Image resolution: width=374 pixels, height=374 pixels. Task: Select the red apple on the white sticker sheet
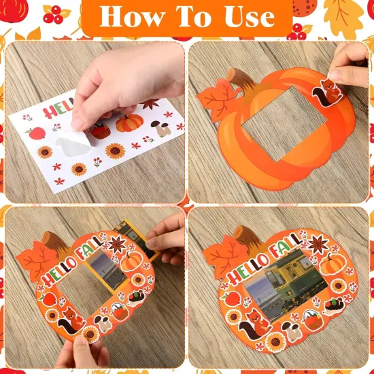37,133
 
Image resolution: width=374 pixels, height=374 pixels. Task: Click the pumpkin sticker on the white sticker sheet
130,123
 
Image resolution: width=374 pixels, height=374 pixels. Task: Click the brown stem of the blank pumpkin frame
241,77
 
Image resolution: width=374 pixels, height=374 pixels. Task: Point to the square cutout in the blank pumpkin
271,129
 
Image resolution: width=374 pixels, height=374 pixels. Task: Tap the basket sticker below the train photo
312,318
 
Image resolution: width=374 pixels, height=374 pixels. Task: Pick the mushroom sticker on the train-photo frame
292,333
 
